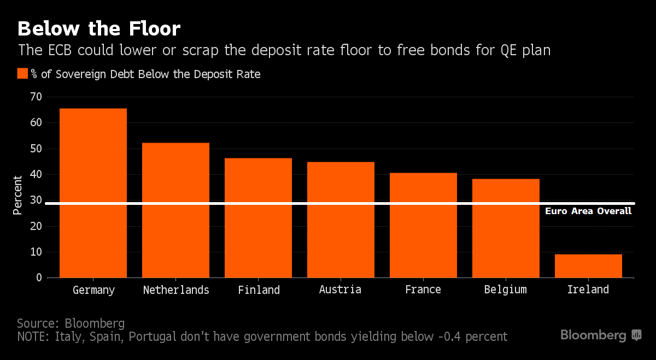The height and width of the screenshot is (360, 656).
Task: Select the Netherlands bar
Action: click(x=175, y=210)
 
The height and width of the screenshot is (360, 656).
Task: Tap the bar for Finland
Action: click(x=258, y=218)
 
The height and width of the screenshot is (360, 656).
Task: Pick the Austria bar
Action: click(x=341, y=220)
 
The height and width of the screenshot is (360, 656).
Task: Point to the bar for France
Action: click(x=423, y=225)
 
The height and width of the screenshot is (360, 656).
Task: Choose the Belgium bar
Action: click(x=506, y=228)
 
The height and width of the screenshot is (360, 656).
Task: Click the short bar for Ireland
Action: click(x=588, y=266)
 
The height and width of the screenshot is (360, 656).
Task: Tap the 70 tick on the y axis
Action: click(x=36, y=97)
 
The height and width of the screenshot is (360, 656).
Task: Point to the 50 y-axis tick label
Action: click(x=36, y=149)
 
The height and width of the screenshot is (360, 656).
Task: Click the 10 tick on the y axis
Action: click(x=36, y=252)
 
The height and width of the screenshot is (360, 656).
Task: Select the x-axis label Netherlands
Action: click(x=176, y=290)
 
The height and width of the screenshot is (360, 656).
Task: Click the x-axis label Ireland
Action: click(x=588, y=290)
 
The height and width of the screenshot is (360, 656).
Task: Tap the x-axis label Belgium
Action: click(x=506, y=290)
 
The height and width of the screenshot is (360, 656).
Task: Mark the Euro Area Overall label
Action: click(x=588, y=211)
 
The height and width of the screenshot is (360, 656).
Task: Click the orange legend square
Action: click(x=22, y=74)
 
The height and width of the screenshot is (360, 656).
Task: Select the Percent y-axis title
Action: click(x=18, y=195)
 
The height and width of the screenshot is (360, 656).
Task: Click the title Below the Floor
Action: click(x=99, y=28)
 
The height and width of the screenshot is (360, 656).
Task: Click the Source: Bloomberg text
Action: click(x=71, y=322)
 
